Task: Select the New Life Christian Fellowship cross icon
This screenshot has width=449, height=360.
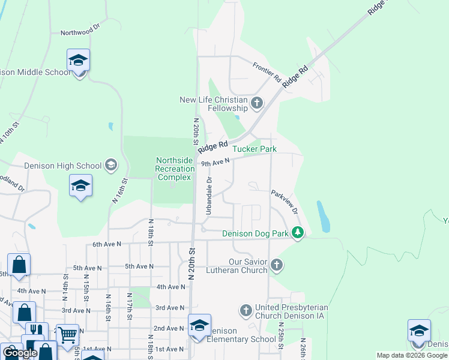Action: pos(256,103)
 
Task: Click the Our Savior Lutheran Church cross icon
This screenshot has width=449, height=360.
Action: pos(276,265)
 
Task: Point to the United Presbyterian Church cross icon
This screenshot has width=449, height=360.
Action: pos(246,310)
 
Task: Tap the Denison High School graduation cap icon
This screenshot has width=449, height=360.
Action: pos(110,165)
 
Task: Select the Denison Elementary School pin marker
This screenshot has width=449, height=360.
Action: pos(199,326)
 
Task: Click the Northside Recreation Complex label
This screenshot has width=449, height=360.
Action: pos(175,169)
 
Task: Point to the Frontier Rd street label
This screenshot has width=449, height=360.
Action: pos(267,73)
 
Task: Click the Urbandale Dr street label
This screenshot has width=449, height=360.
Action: pos(209,196)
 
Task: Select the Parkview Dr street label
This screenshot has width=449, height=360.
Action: pos(285,202)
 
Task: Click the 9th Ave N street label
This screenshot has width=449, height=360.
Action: pos(215,163)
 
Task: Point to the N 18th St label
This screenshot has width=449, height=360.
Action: pos(151,230)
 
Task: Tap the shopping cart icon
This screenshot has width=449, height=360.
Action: pos(67,334)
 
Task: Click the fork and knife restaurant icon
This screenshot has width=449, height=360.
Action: pos(37,331)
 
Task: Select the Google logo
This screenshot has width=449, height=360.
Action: pos(20,353)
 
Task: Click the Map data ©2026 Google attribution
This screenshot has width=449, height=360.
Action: pos(412,355)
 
